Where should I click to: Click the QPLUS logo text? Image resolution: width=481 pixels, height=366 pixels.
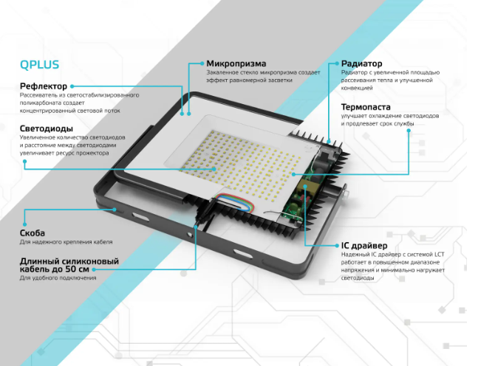pyautogui.click(x=39, y=65)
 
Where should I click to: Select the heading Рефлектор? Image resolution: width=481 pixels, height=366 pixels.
pyautogui.click(x=44, y=86)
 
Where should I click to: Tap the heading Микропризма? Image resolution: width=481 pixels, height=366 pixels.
pyautogui.click(x=236, y=63)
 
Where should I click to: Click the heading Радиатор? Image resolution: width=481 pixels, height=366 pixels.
pyautogui.click(x=361, y=63)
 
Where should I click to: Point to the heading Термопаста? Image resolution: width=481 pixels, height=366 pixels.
pyautogui.click(x=366, y=107)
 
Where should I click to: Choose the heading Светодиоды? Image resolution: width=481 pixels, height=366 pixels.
pyautogui.click(x=47, y=128)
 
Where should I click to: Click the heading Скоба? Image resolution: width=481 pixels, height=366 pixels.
pyautogui.click(x=33, y=233)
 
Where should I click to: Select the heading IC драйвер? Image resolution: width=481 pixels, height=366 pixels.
pyautogui.click(x=364, y=246)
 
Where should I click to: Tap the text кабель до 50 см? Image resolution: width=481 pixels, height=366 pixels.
pyautogui.click(x=54, y=269)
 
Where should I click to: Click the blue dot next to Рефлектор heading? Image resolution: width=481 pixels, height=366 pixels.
pyautogui.click(x=72, y=86)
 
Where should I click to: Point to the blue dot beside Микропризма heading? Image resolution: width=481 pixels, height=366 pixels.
pyautogui.click(x=202, y=63)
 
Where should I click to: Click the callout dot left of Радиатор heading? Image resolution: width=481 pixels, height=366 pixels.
pyautogui.click(x=337, y=63)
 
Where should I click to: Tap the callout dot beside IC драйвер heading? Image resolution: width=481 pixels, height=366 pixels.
pyautogui.click(x=337, y=246)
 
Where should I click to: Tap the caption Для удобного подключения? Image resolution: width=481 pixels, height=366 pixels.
pyautogui.click(x=58, y=278)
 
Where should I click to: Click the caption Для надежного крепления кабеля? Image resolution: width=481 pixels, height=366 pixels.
pyautogui.click(x=66, y=242)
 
